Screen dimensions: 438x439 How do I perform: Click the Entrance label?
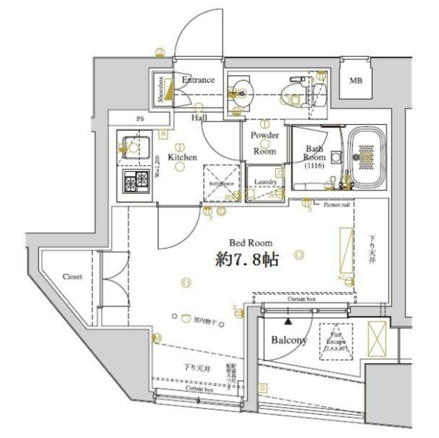tap(198, 80)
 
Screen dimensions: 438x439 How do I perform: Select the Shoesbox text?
tap(161, 88)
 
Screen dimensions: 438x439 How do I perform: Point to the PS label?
tap(140, 119)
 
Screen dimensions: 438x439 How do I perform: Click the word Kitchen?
tap(182, 157)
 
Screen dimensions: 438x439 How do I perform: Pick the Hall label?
tap(200, 117)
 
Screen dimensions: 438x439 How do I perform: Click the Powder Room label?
tap(264, 143)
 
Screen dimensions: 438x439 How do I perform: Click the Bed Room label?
tap(251, 242)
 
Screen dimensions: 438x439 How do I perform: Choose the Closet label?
tap(73, 277)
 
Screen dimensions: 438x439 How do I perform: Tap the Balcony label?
tap(288, 340)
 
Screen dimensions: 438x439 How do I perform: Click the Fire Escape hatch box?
tap(335, 341)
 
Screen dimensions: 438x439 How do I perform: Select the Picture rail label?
tap(337, 204)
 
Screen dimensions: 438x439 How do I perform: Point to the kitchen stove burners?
tap(135, 182)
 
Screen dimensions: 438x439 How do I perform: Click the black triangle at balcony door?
tap(288, 321)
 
